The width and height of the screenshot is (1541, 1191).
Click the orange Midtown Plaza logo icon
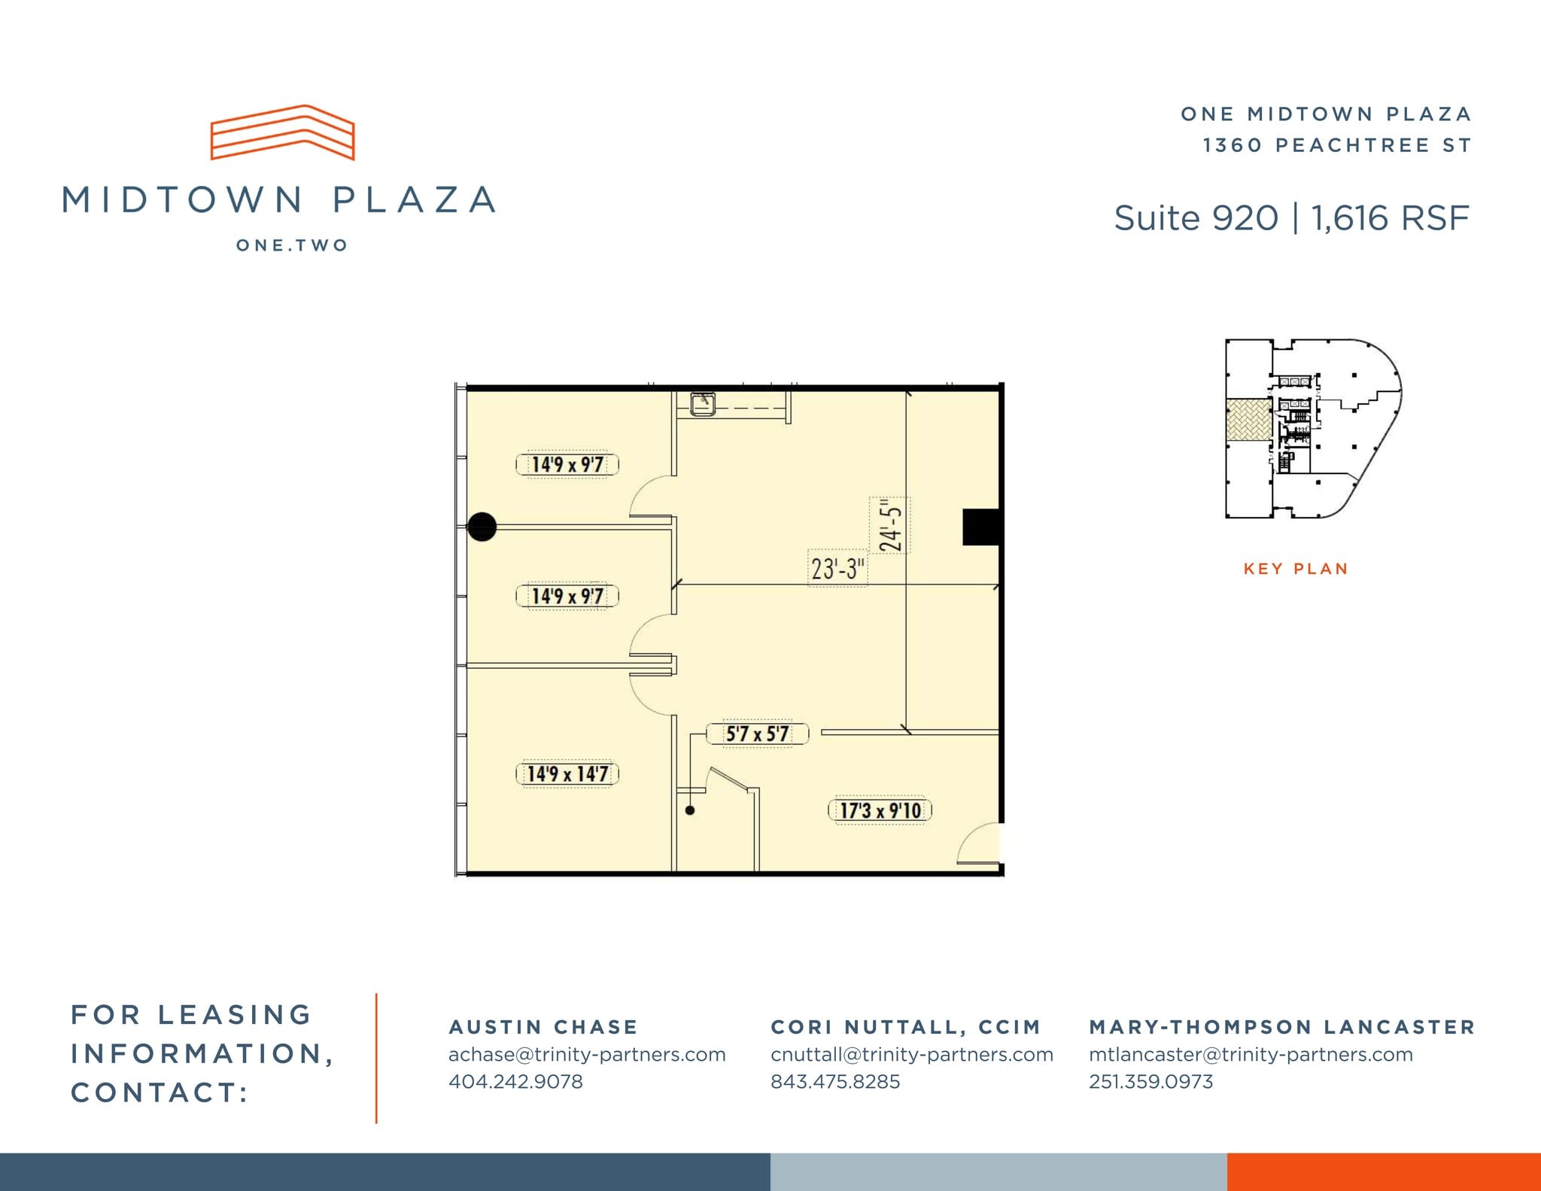pos(282,132)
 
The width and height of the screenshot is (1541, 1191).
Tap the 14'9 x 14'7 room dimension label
pos(567,773)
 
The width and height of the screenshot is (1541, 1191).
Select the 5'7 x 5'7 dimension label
pos(757,734)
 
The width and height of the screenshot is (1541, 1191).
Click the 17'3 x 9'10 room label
pos(880,810)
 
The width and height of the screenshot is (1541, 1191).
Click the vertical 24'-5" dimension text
pos(890,525)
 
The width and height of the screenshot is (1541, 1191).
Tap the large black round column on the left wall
pos(482,527)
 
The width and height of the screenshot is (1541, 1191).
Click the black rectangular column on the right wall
pos(981,527)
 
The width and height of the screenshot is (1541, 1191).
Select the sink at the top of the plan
pos(703,403)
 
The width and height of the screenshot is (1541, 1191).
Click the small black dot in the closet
pos(690,810)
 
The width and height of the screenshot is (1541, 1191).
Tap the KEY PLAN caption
pos(1296,569)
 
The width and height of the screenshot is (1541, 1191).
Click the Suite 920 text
pos(1196,218)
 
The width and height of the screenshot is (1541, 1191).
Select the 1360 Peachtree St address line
pos(1336,145)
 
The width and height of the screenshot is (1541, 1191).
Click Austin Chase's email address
pos(587,1055)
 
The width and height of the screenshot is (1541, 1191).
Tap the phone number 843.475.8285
pos(835,1082)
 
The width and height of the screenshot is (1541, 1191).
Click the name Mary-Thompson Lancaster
pos(1282,1027)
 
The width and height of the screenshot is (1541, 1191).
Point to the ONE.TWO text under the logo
pos(292,245)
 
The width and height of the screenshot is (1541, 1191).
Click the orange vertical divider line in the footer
pos(376,1058)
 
